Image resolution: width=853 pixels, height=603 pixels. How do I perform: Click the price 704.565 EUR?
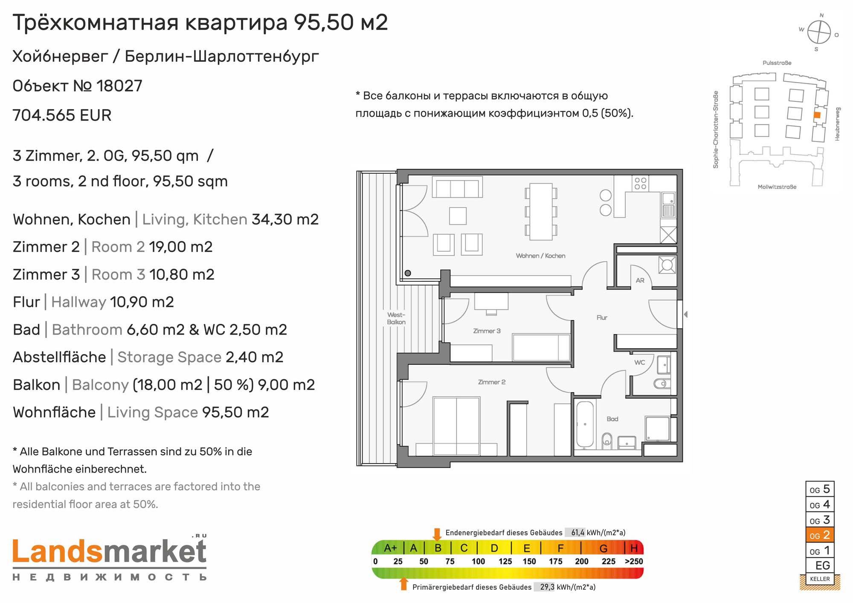(62, 115)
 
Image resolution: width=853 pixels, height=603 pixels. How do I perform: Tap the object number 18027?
(119, 86)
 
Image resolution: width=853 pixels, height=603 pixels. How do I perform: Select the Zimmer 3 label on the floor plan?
(487, 331)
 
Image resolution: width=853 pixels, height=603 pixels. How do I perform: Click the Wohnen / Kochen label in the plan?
(540, 256)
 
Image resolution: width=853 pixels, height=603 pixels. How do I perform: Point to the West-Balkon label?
(396, 318)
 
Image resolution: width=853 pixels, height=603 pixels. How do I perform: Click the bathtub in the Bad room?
(585, 424)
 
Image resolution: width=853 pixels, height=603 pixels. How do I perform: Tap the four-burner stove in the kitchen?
(640, 184)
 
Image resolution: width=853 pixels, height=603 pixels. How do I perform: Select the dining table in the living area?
(541, 212)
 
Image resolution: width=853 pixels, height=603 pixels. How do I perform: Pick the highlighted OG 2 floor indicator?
(820, 535)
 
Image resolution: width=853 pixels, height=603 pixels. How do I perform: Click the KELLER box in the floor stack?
(820, 579)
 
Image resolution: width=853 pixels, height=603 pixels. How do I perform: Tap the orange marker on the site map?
(817, 115)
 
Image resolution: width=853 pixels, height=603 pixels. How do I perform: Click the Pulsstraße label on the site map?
(777, 63)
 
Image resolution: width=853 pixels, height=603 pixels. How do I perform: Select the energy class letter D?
(494, 548)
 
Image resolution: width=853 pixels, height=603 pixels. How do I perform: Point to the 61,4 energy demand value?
(578, 533)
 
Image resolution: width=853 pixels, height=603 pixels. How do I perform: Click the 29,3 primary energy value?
(547, 587)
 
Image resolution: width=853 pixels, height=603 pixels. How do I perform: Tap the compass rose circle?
(819, 32)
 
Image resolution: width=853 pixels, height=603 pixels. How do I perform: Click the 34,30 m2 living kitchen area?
(285, 219)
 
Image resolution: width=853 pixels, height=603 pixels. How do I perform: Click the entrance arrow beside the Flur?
(685, 314)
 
